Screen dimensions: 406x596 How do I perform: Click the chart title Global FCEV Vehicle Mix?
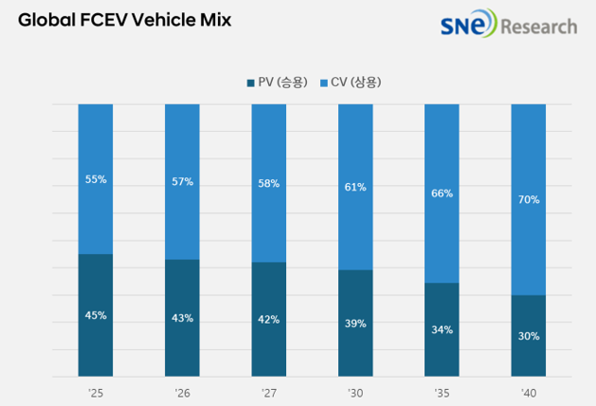pos(124,20)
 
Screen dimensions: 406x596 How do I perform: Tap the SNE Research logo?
pos(508,25)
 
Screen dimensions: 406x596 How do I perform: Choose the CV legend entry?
pos(353,83)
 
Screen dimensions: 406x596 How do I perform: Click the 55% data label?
pos(95,178)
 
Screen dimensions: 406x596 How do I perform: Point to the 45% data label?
pos(95,315)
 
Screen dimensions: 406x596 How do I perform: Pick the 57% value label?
pos(182,181)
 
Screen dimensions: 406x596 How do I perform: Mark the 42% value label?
pos(268,320)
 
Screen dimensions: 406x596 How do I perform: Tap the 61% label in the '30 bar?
pos(355,187)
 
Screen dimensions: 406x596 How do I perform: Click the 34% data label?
pos(442,330)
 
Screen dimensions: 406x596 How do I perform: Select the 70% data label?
pos(529,199)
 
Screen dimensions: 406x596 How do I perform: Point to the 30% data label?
pos(529,336)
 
